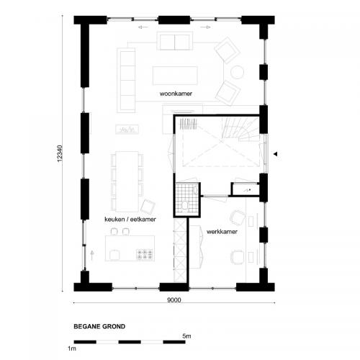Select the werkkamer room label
[x=222, y=232]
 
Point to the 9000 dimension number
[x=174, y=300]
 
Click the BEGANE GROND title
[x=99, y=326]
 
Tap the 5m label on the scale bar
[x=186, y=336]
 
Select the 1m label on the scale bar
[x=72, y=348]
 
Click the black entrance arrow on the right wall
[x=275, y=152]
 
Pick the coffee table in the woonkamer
[x=175, y=75]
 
